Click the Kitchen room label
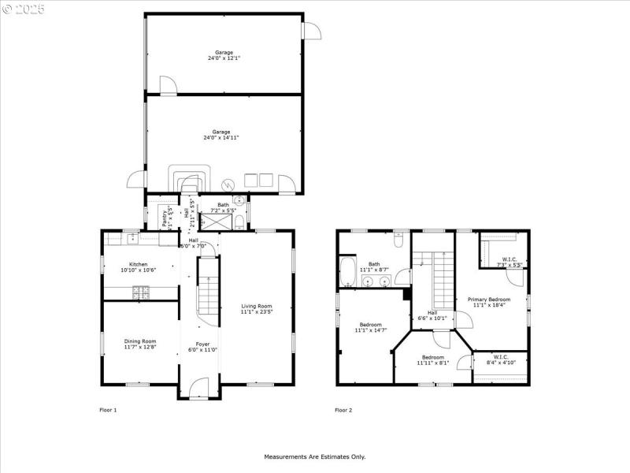139,264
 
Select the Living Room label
257,306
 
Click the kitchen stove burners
141,292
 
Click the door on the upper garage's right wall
312,29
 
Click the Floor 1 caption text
108,410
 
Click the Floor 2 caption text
343,410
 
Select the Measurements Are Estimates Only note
314,456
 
